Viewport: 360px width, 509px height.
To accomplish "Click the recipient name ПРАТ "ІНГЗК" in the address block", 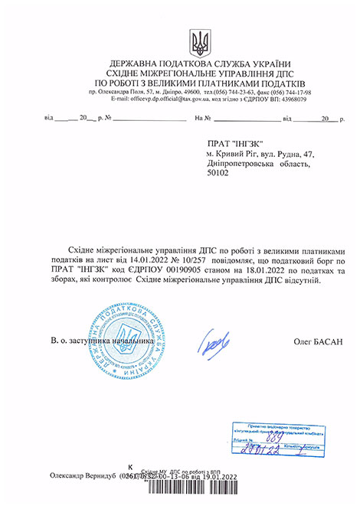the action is tap(234, 144).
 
